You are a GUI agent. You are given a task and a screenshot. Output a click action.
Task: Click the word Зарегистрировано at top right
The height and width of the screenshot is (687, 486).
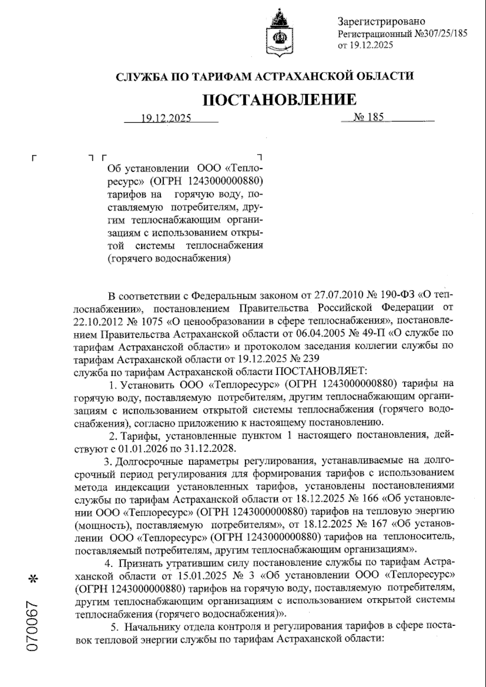coord(381,21)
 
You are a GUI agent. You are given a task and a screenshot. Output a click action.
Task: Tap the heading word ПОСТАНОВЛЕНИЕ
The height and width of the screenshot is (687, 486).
coord(280,99)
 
